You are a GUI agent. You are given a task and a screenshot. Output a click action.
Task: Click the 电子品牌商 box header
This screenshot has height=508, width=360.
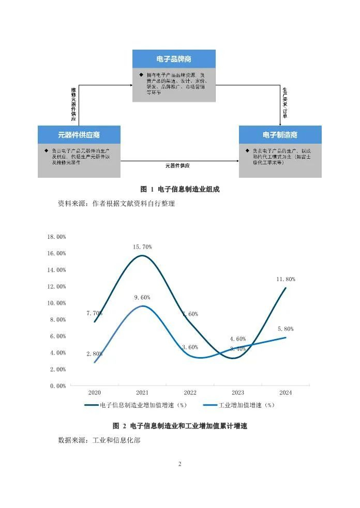click(174, 58)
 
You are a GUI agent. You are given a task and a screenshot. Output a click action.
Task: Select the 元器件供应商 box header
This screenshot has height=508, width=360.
click(79, 135)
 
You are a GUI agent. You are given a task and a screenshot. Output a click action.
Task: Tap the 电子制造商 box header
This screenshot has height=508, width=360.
click(280, 135)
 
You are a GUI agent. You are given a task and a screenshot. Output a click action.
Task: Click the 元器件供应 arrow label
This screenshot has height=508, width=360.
click(177, 166)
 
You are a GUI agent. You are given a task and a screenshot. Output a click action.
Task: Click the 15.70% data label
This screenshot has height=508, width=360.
click(142, 247)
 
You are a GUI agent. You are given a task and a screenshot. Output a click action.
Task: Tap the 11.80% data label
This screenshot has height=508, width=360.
click(286, 279)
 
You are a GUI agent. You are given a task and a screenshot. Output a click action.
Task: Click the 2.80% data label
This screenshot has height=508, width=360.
click(94, 354)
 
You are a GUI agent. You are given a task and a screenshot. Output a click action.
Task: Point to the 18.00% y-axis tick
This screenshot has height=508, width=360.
click(57, 237)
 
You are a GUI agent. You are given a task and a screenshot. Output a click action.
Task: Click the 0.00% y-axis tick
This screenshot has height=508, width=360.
click(58, 386)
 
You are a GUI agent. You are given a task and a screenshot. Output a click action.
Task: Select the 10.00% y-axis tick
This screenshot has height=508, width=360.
click(57, 303)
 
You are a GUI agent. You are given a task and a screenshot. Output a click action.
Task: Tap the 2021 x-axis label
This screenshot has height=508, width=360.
click(142, 393)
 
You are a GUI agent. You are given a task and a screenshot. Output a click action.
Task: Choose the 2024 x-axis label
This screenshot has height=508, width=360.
click(286, 393)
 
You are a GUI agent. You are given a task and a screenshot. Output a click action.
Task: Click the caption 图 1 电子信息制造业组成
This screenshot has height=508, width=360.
click(180, 190)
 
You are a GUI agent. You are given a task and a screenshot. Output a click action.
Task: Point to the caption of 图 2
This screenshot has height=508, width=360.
click(180, 426)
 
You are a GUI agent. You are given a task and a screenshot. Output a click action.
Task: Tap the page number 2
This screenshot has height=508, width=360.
click(180, 464)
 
